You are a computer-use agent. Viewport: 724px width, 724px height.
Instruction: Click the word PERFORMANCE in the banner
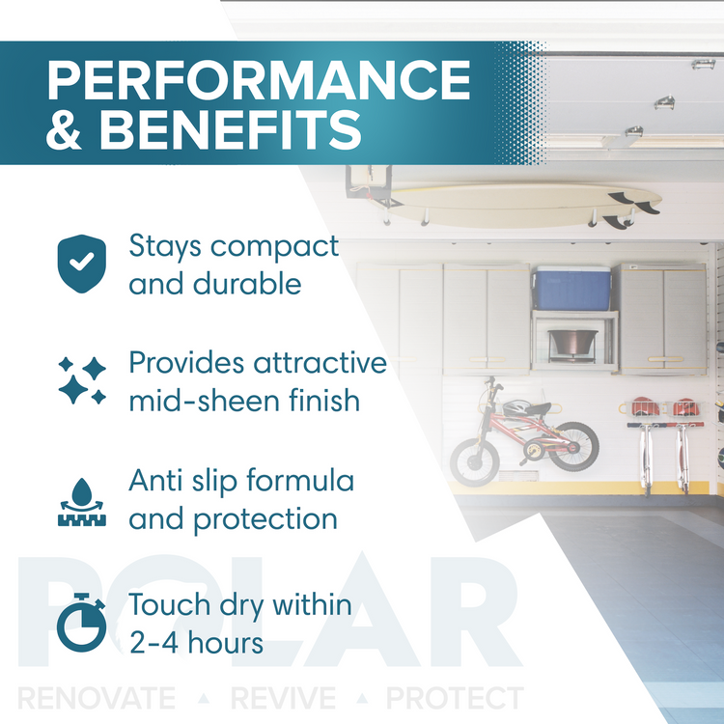[259, 80]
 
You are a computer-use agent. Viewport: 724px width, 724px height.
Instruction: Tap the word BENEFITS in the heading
[231, 129]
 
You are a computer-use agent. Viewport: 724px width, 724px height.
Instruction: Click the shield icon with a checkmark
[82, 264]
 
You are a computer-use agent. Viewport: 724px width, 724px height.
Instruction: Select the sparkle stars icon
[82, 380]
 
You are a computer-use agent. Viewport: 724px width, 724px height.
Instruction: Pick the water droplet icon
[82, 502]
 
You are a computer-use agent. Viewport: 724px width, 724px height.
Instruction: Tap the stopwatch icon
[82, 622]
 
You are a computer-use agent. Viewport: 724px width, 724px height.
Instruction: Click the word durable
[247, 284]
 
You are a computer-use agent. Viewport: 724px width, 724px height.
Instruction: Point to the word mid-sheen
[205, 401]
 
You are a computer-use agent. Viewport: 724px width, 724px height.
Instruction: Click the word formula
[300, 480]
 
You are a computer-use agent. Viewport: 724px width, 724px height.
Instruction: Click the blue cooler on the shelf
[572, 288]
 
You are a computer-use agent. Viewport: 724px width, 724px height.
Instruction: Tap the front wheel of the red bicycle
[474, 462]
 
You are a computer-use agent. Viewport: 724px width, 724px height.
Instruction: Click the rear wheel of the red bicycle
[574, 446]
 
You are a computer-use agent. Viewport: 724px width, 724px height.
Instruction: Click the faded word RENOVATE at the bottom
[97, 698]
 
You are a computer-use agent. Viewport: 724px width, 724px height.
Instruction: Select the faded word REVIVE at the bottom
[283, 698]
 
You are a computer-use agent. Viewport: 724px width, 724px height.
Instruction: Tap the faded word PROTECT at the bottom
[455, 698]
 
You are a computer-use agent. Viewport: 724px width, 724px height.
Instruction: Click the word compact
[275, 247]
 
